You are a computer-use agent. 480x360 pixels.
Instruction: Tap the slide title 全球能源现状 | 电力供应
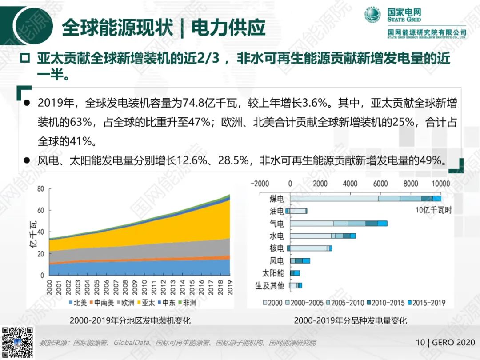[x=163, y=28]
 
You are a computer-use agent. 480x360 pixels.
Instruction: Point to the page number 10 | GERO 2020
[x=445, y=343]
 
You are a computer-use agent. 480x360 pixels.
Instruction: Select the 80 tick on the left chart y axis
[x=40, y=188]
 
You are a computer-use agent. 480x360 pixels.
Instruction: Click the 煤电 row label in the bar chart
[x=276, y=199]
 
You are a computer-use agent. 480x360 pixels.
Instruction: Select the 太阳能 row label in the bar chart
[x=273, y=273]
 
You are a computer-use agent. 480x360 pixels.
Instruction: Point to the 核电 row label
[x=276, y=248]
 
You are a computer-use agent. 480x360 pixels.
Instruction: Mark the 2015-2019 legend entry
[x=426, y=303]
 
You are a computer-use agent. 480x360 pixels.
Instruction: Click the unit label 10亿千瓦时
[x=433, y=210]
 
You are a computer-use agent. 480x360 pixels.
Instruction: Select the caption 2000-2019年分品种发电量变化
[x=350, y=320]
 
